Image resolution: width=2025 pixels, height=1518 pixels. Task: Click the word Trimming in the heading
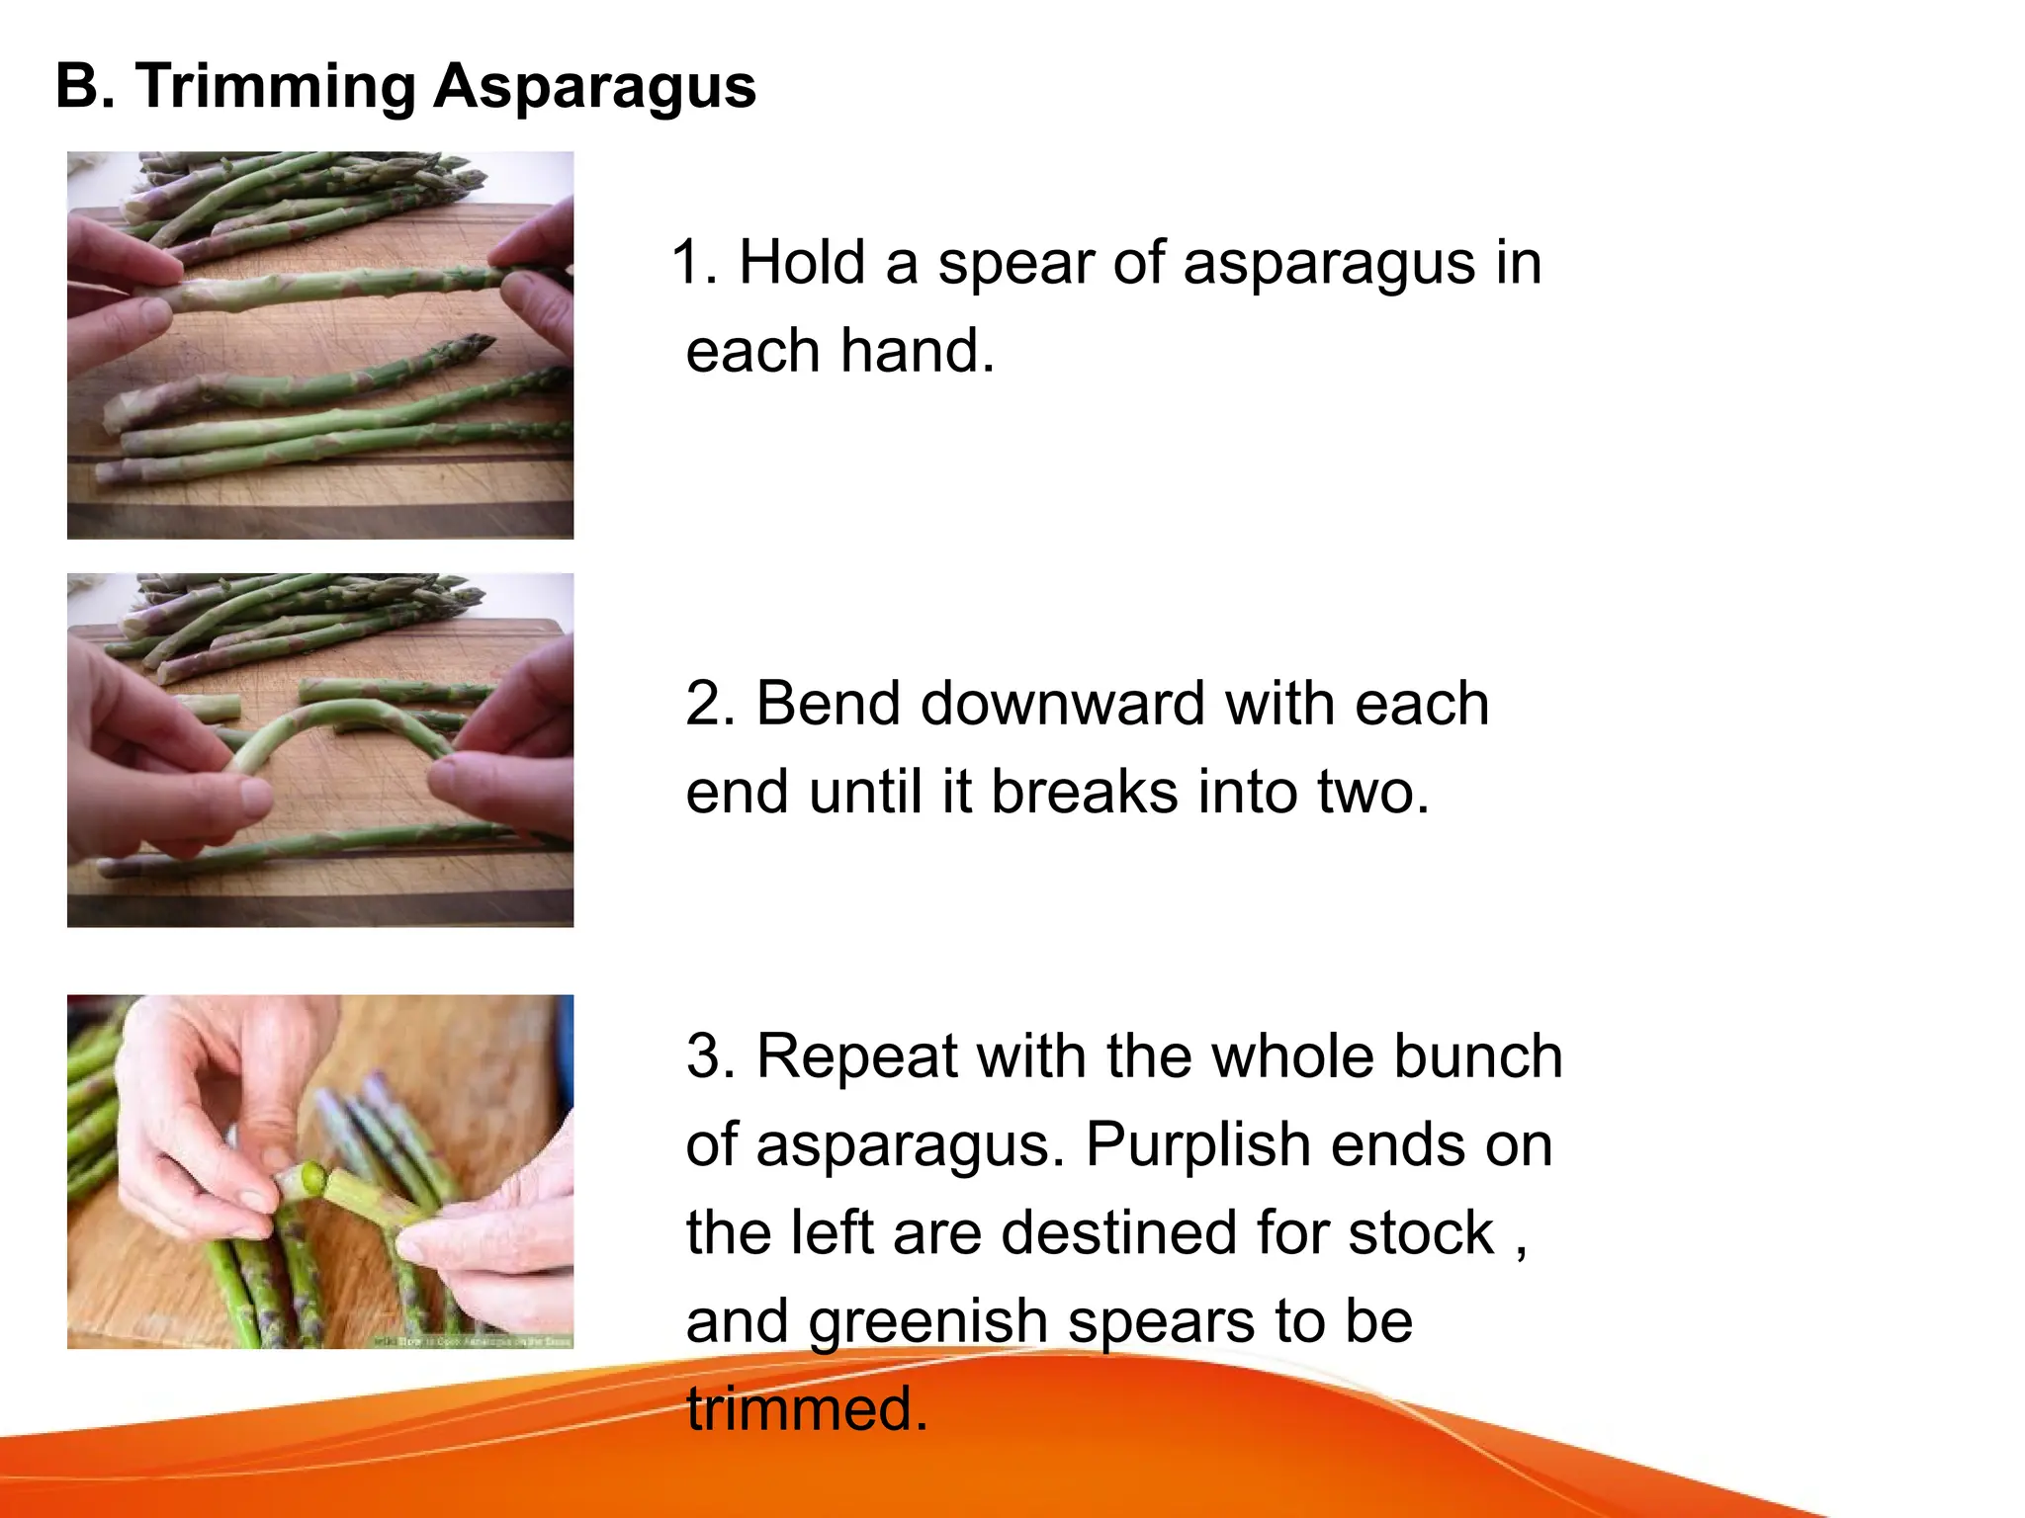click(x=276, y=87)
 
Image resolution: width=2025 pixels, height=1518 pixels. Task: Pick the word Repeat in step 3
click(x=857, y=1057)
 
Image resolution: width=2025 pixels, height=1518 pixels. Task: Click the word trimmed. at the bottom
click(x=807, y=1409)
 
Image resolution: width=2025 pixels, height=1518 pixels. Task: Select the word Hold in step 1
click(x=802, y=263)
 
